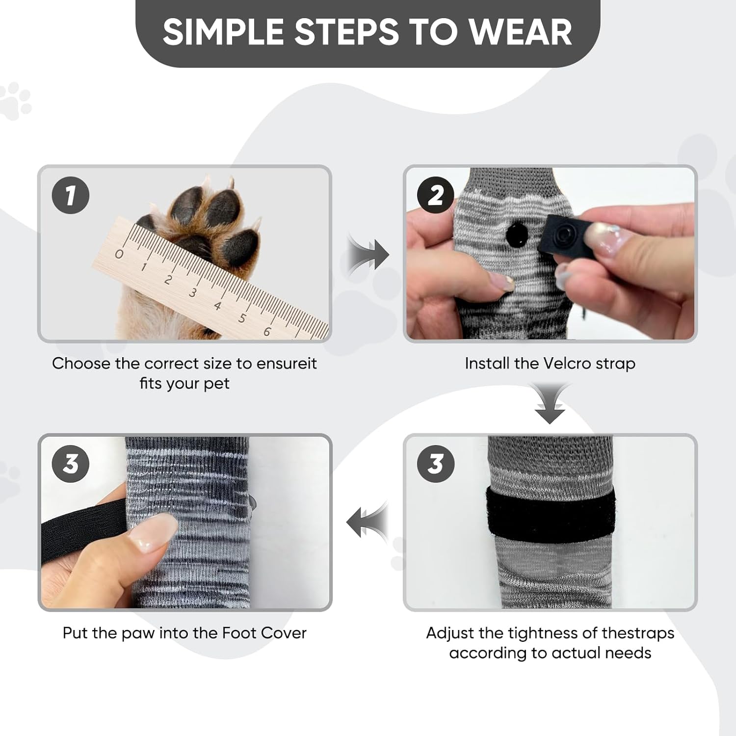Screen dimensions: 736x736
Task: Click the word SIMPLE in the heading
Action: tap(224, 32)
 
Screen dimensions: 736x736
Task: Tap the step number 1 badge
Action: tap(71, 195)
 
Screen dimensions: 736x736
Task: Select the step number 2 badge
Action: tap(436, 195)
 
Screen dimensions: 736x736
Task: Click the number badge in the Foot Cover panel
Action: tap(71, 464)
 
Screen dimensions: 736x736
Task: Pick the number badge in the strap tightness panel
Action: tap(436, 464)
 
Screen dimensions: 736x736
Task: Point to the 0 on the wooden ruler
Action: tap(119, 254)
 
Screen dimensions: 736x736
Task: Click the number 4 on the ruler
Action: tap(217, 306)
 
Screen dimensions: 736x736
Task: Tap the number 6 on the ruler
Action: tap(267, 332)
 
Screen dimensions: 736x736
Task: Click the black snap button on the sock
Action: tap(516, 236)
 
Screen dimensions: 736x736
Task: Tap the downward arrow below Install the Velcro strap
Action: tap(550, 404)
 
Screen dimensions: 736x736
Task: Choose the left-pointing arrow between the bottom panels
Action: tap(368, 522)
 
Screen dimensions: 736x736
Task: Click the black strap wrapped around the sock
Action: tap(550, 515)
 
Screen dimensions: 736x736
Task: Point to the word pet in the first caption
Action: tap(216, 384)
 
